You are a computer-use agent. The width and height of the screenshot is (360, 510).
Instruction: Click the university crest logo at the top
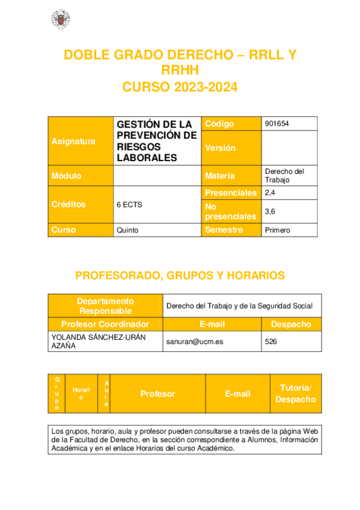pyautogui.click(x=60, y=19)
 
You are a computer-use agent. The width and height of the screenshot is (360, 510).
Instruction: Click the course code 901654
pyautogui.click(x=277, y=123)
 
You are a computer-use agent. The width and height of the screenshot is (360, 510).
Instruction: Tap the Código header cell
pyautogui.click(x=219, y=123)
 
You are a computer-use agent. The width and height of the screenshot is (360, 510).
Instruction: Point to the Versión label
pyautogui.click(x=221, y=148)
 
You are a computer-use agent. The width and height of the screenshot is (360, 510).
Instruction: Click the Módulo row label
pyautogui.click(x=67, y=176)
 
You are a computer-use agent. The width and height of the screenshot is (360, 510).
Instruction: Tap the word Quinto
pyautogui.click(x=127, y=230)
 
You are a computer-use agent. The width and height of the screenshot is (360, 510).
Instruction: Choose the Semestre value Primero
pyautogui.click(x=278, y=230)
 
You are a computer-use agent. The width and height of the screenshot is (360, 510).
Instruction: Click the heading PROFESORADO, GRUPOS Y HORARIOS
pyautogui.click(x=180, y=275)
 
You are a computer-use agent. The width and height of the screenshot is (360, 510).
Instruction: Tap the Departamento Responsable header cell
pyautogui.click(x=105, y=306)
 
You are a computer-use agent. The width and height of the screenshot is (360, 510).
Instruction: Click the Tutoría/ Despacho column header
pyautogui.click(x=295, y=393)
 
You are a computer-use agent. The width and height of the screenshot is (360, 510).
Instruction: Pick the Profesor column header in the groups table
pyautogui.click(x=157, y=394)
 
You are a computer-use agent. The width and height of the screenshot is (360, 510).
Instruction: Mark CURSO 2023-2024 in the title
pyautogui.click(x=180, y=87)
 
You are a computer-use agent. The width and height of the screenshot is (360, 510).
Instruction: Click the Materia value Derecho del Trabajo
pyautogui.click(x=284, y=176)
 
